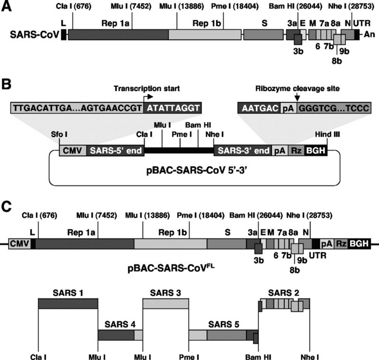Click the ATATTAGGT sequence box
coord(172,108)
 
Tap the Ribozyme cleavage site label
coord(294,88)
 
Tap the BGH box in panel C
coord(359,243)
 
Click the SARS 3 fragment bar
coord(165,303)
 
